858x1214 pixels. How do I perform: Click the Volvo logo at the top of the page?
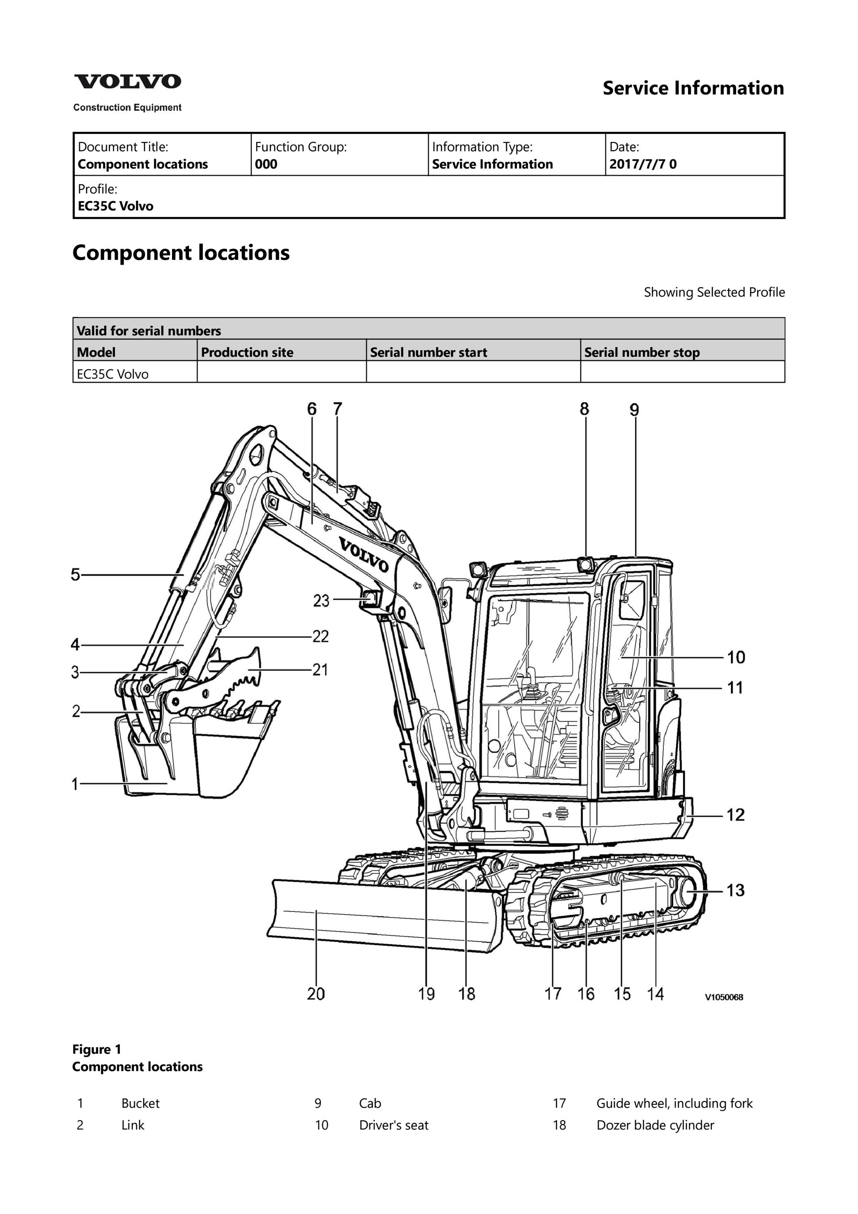[127, 82]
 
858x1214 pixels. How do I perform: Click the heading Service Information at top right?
[693, 88]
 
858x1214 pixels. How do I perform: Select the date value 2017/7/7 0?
[643, 164]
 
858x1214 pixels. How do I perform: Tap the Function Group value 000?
[266, 164]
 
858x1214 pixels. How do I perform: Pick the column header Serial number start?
[428, 352]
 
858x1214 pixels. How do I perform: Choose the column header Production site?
[247, 352]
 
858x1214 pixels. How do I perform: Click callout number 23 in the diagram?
[321, 601]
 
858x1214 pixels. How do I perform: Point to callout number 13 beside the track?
[735, 890]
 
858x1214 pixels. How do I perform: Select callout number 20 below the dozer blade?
[316, 993]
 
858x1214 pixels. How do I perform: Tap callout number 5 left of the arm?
[76, 574]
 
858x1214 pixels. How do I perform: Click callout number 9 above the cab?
[634, 410]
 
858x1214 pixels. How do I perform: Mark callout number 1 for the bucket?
[75, 783]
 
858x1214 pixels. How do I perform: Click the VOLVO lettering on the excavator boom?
[364, 555]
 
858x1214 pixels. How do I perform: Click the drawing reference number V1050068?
[724, 997]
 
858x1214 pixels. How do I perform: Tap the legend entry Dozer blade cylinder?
[655, 1125]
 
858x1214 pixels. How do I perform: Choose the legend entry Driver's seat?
[394, 1125]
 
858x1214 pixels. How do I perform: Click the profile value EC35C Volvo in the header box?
[115, 206]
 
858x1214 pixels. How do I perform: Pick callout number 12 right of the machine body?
[735, 815]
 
